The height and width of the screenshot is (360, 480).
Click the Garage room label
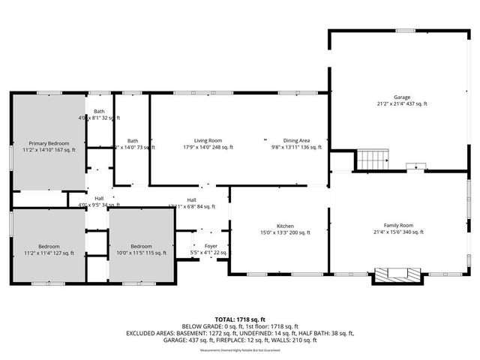tap(403, 97)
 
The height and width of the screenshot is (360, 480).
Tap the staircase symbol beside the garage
tap(373, 160)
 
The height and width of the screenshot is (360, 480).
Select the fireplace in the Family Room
tap(391, 275)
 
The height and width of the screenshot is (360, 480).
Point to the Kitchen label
tap(284, 226)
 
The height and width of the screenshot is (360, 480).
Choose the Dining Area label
tap(296, 140)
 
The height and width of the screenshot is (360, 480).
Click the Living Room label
tap(208, 140)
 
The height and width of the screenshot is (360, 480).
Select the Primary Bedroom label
tap(49, 143)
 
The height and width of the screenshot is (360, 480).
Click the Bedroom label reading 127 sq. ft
tap(49, 247)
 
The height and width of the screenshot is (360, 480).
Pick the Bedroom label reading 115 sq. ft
tap(142, 247)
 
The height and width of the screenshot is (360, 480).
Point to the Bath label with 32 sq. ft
tap(99, 112)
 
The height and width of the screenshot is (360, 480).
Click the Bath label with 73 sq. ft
tap(133, 140)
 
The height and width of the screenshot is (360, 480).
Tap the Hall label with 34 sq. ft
tap(99, 199)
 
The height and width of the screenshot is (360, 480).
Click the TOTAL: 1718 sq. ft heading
tap(239, 319)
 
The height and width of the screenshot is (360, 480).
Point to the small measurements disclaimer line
tap(239, 348)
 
